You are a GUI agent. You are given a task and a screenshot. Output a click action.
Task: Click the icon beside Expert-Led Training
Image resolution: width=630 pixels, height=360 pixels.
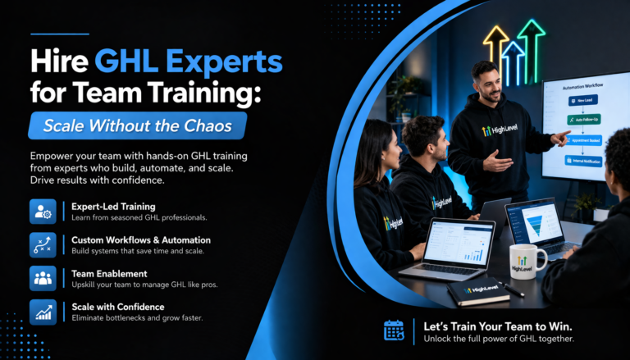click(41, 211)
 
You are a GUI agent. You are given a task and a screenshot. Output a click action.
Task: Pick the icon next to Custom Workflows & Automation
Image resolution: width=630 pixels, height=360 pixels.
click(41, 244)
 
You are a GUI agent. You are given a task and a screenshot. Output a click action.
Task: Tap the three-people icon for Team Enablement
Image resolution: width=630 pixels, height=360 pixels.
click(41, 277)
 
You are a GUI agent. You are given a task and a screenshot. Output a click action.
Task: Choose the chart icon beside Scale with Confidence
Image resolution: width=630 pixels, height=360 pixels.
click(41, 311)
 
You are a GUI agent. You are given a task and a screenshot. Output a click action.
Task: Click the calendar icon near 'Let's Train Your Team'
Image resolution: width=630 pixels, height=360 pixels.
click(395, 330)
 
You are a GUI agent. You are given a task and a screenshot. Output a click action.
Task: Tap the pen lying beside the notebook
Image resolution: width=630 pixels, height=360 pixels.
click(512, 289)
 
